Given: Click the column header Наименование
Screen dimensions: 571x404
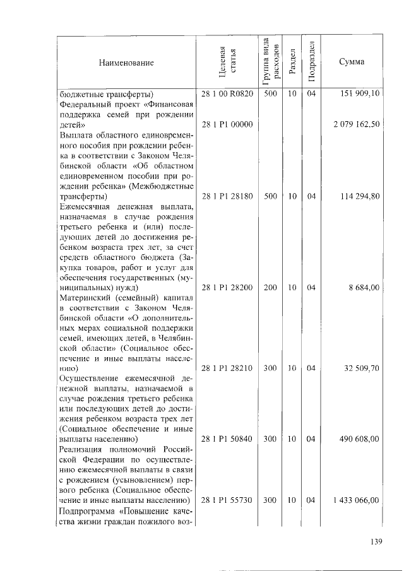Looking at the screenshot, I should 126,62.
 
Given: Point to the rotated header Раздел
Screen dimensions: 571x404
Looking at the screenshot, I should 291,62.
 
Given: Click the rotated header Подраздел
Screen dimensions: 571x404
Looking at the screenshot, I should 311,62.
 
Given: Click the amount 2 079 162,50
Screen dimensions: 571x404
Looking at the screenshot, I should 356,124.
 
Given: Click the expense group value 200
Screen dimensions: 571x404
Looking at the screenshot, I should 270,287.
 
